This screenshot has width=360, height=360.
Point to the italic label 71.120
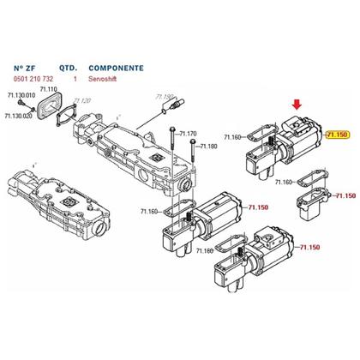click(81, 99)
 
